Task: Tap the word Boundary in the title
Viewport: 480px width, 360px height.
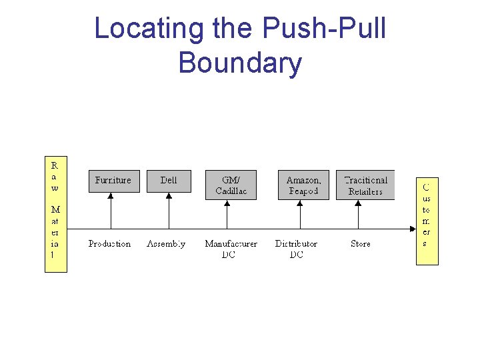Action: click(x=240, y=63)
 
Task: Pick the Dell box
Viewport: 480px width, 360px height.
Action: click(x=169, y=181)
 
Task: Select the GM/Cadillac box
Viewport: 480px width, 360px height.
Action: click(x=231, y=185)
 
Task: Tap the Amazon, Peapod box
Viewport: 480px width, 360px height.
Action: click(x=303, y=185)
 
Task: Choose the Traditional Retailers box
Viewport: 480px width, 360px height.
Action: click(x=365, y=185)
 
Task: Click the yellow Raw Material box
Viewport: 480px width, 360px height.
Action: click(x=55, y=214)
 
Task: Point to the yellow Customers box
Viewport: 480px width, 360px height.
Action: click(x=427, y=221)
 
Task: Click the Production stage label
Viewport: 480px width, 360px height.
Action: click(x=110, y=244)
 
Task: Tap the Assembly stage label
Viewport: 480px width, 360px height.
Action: click(x=166, y=244)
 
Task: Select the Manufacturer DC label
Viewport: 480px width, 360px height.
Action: click(x=231, y=249)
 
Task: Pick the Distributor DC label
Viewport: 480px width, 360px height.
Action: click(x=297, y=249)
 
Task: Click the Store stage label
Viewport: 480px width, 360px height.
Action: click(x=361, y=244)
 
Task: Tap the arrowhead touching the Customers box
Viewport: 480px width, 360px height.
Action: click(x=412, y=229)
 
